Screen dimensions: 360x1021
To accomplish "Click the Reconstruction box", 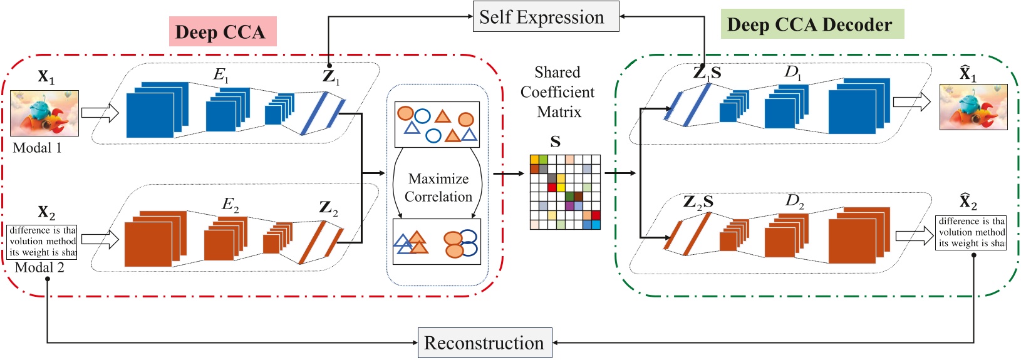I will pos(485,342).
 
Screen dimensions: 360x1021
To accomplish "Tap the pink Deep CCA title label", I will pos(222,32).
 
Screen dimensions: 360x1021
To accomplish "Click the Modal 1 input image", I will pos(44,113).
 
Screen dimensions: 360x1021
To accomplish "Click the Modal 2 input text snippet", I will pos(43,242).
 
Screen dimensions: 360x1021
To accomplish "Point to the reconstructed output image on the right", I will pos(973,107).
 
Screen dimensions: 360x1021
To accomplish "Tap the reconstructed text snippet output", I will pos(971,232).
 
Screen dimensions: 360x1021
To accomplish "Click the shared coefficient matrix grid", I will pos(565,192).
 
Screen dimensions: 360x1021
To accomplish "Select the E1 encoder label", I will pos(221,75).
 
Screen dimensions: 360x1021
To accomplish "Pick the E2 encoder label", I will pos(231,204).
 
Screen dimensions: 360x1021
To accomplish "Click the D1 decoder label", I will pos(793,72).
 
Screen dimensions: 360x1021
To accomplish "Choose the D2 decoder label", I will pos(794,201).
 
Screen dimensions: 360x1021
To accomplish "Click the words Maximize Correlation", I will pos(438,188).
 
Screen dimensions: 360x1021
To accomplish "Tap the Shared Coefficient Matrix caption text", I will pos(557,92).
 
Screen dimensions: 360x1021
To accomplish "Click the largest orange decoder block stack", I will pos(858,235).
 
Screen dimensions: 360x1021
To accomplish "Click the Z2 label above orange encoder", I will pos(328,208).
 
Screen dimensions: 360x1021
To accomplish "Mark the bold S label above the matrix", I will pos(555,142).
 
